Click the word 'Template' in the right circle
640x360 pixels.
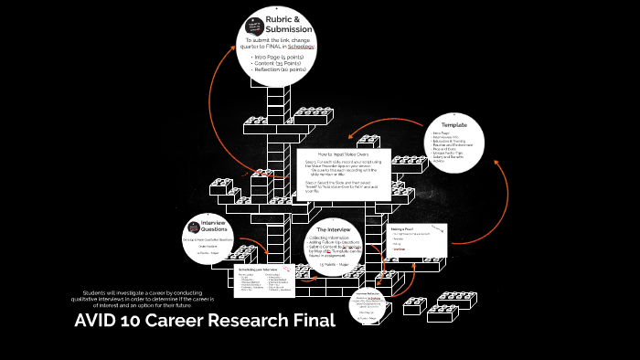pos(454,124)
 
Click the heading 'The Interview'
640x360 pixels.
pos(334,229)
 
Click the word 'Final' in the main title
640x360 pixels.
pos(310,321)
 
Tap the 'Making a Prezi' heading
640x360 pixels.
pos(402,228)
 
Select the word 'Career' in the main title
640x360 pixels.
pos(176,321)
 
